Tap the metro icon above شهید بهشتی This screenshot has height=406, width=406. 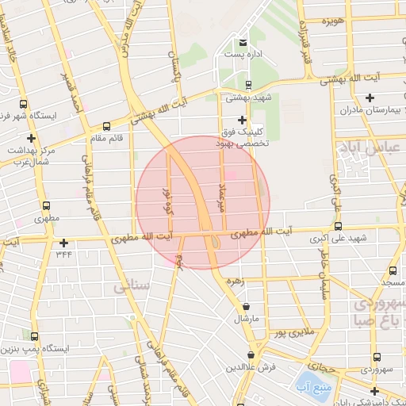(248, 84)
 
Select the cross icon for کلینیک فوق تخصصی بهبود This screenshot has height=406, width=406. (242, 120)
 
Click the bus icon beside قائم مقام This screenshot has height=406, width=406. (107, 126)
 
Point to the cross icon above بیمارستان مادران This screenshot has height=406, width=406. (370, 98)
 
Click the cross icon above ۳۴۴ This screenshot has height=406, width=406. (63, 243)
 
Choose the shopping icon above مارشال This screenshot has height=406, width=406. (247, 306)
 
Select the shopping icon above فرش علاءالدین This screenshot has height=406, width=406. (251, 354)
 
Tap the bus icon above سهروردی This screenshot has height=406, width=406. (375, 358)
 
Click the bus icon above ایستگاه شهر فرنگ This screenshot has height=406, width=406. (23, 104)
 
